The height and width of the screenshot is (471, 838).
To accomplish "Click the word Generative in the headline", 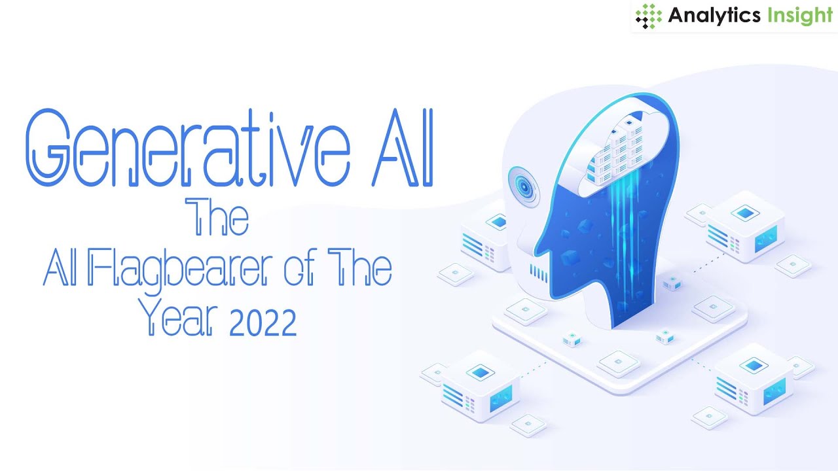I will coord(183,148).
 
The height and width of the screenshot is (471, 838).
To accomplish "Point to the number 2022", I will coord(263,322).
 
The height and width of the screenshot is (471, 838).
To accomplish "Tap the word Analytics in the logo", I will coord(714,16).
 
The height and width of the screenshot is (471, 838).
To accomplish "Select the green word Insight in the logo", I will coord(800,16).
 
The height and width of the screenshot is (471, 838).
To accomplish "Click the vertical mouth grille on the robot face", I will coord(538,273).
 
